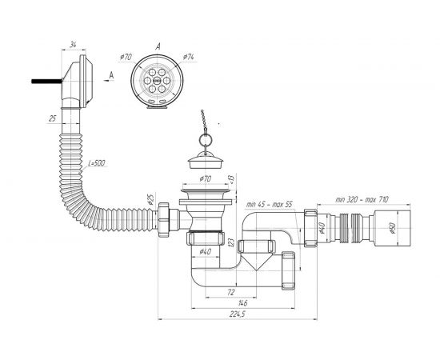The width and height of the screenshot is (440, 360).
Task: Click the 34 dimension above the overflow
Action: pos(74,45)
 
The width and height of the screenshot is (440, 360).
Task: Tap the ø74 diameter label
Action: pos(188,57)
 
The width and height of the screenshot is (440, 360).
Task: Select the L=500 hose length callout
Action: pos(97,163)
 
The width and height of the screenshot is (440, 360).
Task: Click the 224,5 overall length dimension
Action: pos(237,314)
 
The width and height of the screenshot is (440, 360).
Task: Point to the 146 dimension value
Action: pos(242,303)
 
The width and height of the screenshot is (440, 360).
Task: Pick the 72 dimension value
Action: pos(230,292)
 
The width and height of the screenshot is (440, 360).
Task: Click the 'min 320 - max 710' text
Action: pos(362,199)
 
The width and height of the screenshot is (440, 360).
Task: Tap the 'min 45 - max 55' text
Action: pos(269,204)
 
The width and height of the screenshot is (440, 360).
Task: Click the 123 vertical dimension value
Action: pos(231,242)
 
